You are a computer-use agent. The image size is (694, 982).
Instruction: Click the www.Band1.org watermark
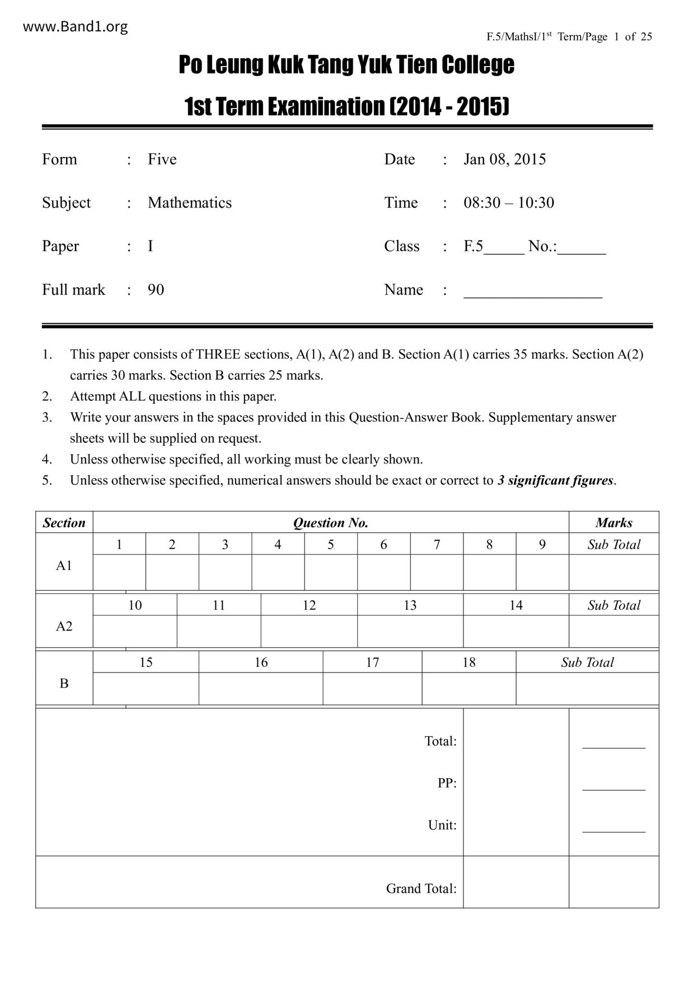(x=75, y=26)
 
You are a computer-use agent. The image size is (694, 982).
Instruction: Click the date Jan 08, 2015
(x=504, y=159)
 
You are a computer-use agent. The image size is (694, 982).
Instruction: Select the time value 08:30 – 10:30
(x=508, y=203)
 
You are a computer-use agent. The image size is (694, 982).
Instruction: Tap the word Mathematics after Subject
(x=189, y=203)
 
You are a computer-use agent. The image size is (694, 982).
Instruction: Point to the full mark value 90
(x=156, y=290)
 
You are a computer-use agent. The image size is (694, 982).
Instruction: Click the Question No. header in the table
(x=330, y=523)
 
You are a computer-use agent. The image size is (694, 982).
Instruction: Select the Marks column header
(x=613, y=523)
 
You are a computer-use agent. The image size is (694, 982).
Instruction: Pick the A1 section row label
(x=64, y=565)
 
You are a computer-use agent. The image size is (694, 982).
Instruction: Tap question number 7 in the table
(x=437, y=545)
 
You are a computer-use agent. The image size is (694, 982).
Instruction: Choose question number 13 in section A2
(x=410, y=605)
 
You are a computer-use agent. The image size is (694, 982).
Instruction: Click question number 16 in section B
(x=261, y=662)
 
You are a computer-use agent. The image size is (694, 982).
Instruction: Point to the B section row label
(x=64, y=684)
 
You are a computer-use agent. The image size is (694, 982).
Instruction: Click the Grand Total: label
(x=421, y=889)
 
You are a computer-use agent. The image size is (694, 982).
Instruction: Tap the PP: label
(x=447, y=783)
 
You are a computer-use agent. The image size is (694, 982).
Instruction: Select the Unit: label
(x=442, y=825)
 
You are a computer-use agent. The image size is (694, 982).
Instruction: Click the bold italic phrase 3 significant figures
(x=556, y=480)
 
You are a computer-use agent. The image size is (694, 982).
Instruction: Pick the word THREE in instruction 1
(x=218, y=354)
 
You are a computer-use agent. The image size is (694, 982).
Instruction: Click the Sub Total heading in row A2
(x=613, y=605)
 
